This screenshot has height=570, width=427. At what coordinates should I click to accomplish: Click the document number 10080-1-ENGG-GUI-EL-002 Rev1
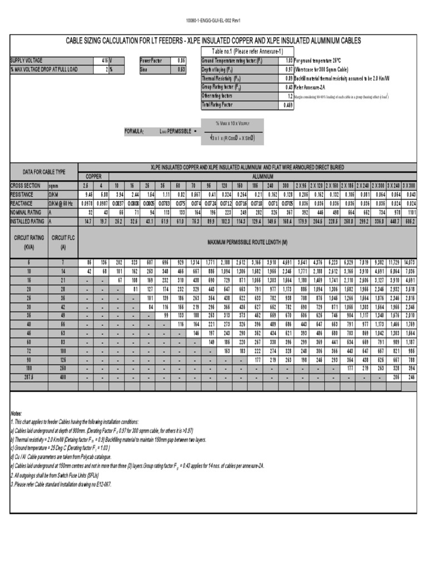pos(213,21)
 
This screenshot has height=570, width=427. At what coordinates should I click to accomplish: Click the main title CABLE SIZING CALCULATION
pos(213,41)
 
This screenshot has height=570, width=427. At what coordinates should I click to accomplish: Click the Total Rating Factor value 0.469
pos(288,105)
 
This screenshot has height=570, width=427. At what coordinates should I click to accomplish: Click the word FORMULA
pos(134,131)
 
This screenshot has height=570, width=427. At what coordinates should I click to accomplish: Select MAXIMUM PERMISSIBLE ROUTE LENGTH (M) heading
pos(247,243)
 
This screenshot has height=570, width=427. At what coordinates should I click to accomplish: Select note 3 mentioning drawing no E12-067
pos(61,485)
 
